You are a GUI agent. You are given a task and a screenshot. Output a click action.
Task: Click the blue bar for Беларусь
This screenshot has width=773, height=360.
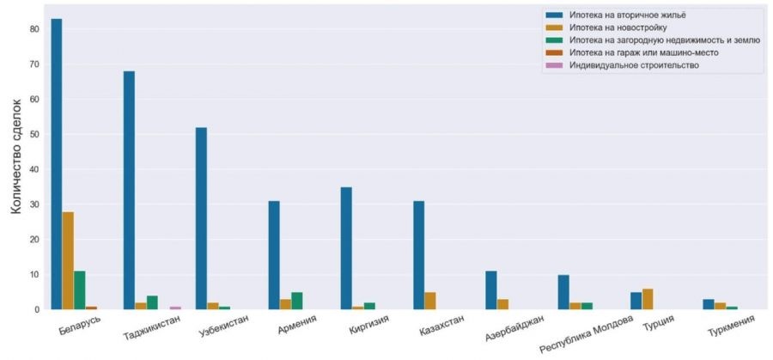(57, 164)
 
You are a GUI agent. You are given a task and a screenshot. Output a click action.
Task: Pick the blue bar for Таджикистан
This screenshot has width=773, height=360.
(129, 190)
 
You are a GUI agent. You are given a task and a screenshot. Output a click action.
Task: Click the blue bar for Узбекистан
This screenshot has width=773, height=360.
(201, 218)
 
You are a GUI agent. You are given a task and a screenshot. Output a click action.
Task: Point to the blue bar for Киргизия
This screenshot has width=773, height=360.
(346, 248)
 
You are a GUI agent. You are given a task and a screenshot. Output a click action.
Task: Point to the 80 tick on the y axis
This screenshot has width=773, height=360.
(34, 29)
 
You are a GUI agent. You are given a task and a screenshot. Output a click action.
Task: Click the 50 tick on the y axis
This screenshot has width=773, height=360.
(34, 134)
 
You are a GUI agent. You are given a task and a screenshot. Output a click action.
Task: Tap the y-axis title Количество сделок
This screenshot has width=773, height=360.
(15, 168)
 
